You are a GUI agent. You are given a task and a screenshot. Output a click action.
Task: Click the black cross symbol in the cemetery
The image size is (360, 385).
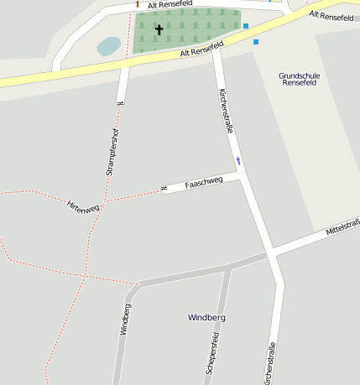pos(159,29)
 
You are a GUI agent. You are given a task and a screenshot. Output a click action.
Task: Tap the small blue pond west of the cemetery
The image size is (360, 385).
pos(108,46)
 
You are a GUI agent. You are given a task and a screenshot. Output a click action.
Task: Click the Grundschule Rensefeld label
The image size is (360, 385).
pos(300,79)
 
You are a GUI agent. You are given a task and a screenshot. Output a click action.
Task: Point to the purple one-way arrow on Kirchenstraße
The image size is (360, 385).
pos(238,160)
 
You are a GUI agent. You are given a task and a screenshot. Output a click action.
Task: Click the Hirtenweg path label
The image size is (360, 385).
pos(83,206)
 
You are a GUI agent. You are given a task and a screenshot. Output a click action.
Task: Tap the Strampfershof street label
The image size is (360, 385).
pos(112,151)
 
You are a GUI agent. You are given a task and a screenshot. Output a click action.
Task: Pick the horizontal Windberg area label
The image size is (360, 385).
pos(206,318)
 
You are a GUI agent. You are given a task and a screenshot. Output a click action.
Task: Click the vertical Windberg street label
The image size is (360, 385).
pos(125,319)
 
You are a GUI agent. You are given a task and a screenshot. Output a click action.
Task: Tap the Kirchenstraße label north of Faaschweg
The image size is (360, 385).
pos(226,111)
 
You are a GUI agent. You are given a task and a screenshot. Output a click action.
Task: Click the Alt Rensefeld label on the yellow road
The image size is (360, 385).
pos(203,52)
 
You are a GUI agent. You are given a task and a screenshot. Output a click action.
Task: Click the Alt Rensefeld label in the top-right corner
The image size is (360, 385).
pos(331,16)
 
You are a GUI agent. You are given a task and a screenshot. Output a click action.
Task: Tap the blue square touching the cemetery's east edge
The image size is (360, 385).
pos(246,26)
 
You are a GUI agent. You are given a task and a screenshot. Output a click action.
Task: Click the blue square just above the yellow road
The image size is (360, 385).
pos(256,41)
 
